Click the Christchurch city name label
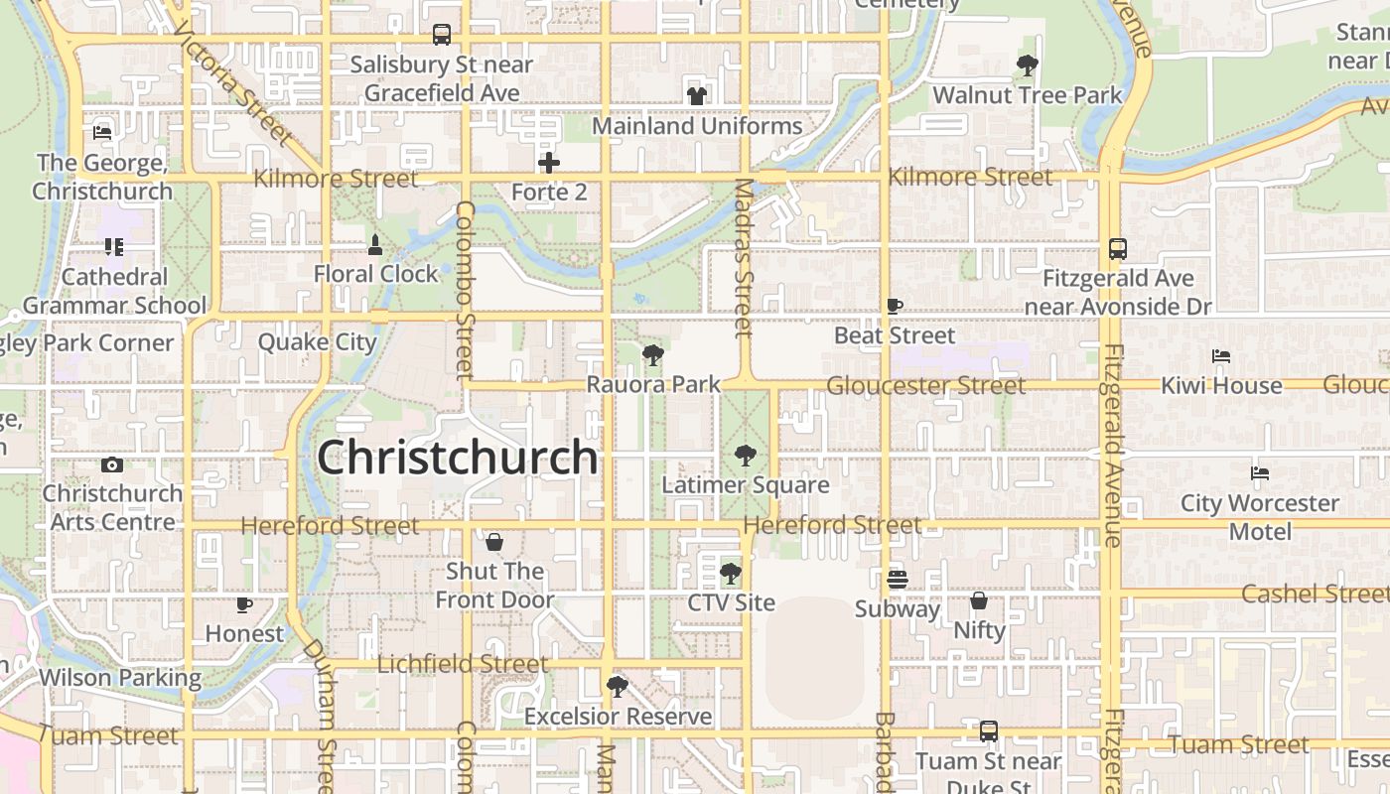coord(458,458)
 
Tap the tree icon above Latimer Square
coord(745,457)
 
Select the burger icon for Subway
coord(898,580)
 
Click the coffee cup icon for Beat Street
coord(894,307)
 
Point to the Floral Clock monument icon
coord(375,244)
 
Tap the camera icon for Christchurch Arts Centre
coord(111,464)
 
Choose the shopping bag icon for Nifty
coord(979,600)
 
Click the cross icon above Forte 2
coord(549,162)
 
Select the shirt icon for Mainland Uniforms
coord(697,96)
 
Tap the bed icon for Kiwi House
coord(1221,356)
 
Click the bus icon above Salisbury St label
coord(442,35)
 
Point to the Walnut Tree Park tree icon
coord(1028,66)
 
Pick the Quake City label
coord(318,342)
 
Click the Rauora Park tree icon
coord(652,354)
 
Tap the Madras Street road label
coord(744,257)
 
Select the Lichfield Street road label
coord(463,664)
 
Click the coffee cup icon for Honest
coord(244,604)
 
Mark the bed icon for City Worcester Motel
coord(1260,473)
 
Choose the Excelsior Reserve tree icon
coord(618,686)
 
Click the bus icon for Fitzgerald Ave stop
coord(1118,249)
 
